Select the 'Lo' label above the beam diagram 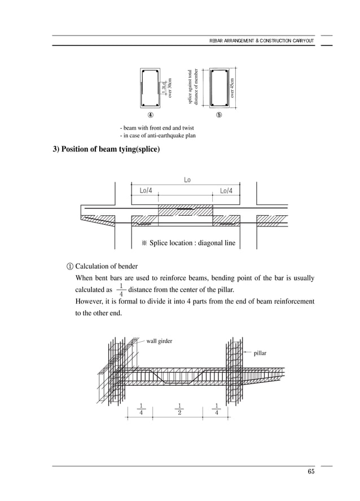pos(187,180)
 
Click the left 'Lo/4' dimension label pos(146,191)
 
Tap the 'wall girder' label pos(159,341)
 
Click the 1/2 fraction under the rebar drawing pos(179,408)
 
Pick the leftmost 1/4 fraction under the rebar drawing pos(141,408)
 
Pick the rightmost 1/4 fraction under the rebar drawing pos(217,408)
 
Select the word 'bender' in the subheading pos(126,266)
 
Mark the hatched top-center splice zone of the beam pos(185,210)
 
